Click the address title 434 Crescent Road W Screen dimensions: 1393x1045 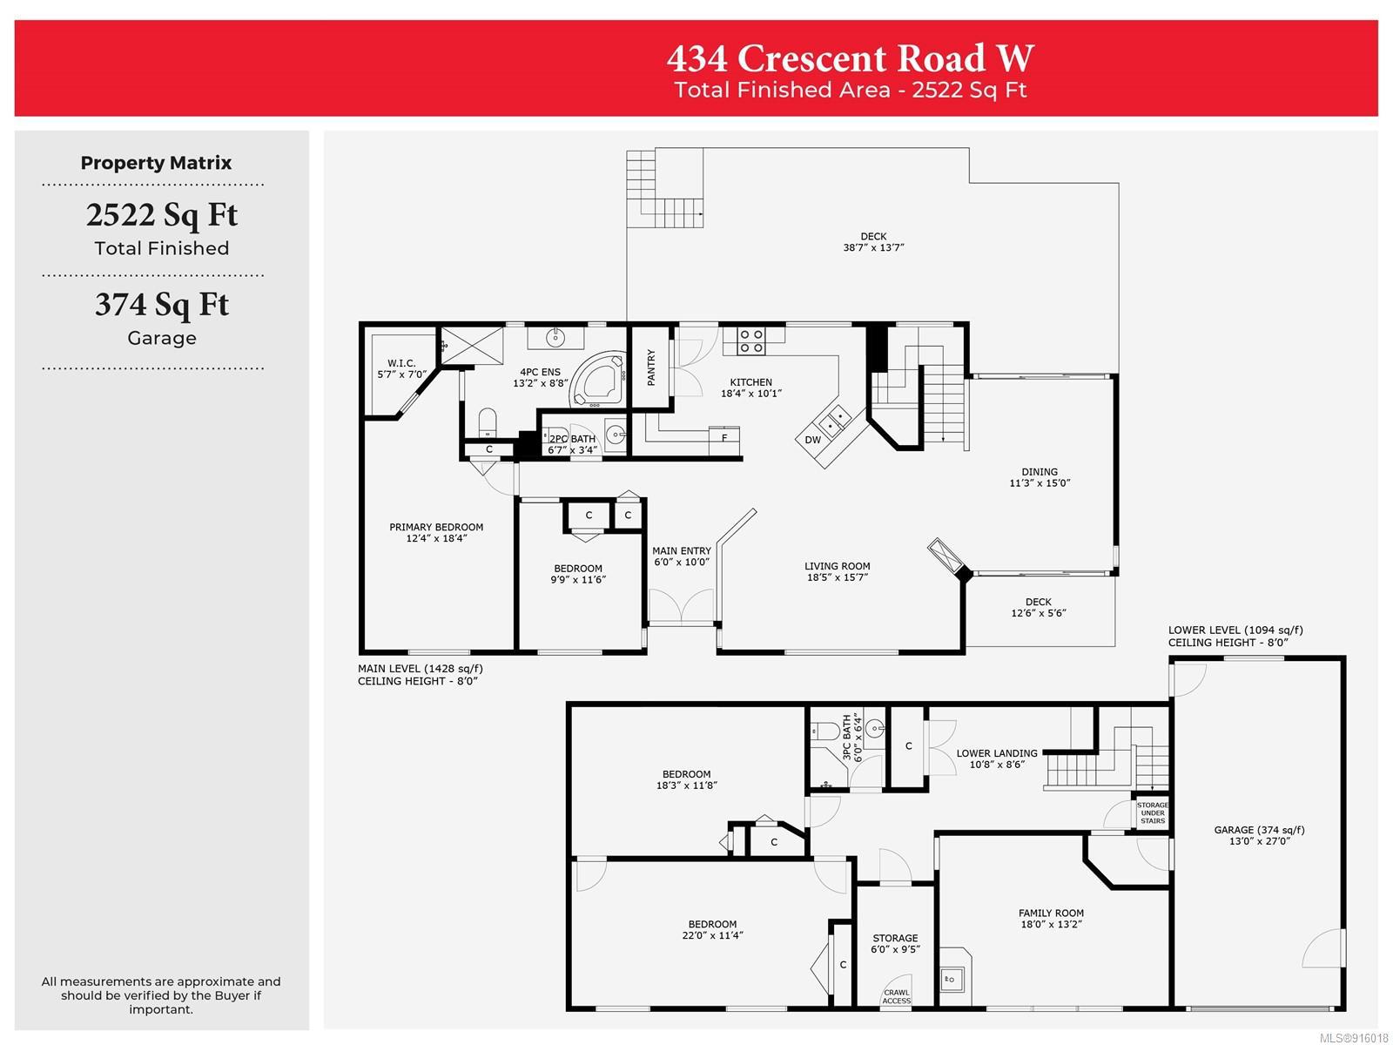[x=850, y=58]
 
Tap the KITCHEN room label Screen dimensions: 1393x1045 [x=750, y=382]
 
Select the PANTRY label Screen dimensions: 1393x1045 [x=651, y=367]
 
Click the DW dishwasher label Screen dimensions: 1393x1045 [x=812, y=440]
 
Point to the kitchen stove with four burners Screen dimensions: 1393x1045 [x=751, y=340]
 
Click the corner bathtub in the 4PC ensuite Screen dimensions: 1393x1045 [x=596, y=380]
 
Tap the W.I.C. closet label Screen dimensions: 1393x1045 [x=401, y=363]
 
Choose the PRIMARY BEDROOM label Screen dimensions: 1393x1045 [x=436, y=527]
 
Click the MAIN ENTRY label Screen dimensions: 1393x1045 [x=682, y=550]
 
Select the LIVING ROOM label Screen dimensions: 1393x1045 [x=837, y=566]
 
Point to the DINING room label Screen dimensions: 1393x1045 [x=1040, y=471]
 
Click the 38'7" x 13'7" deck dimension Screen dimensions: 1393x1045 [x=873, y=247]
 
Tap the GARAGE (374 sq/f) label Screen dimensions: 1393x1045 [x=1259, y=830]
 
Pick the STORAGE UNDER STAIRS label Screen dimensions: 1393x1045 [x=1153, y=812]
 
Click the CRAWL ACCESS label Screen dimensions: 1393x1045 [x=896, y=997]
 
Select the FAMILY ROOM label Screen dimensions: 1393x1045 [x=1051, y=913]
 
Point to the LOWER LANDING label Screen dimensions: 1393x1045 [x=997, y=753]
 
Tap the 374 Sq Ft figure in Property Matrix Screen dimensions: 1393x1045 [x=162, y=305]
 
